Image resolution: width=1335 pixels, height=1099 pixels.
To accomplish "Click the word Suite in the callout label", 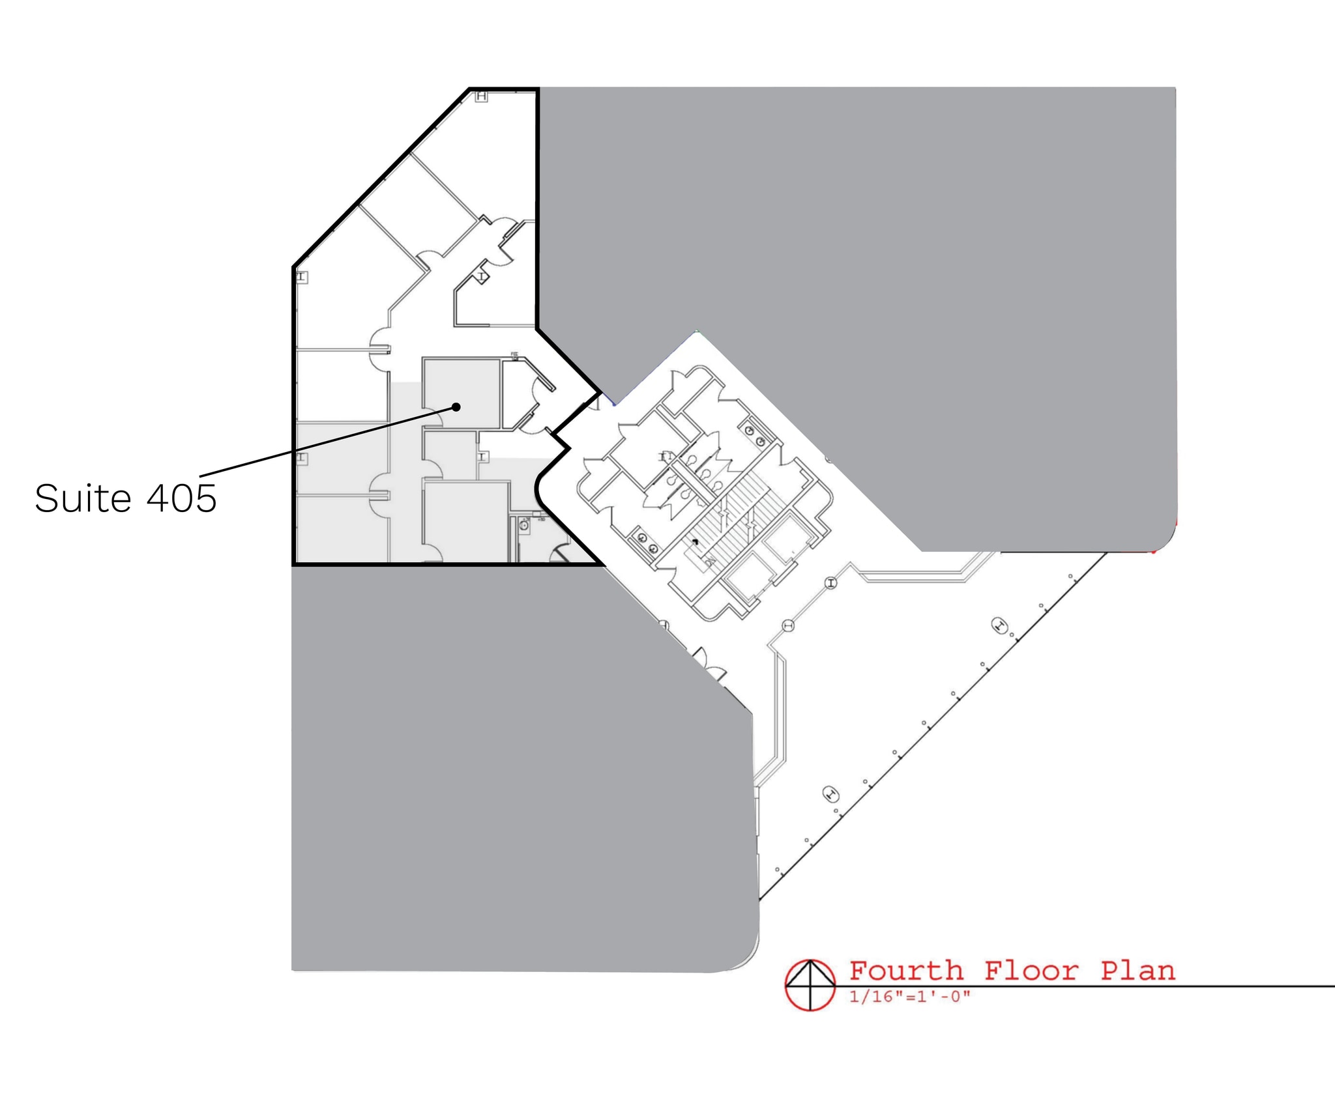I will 83,499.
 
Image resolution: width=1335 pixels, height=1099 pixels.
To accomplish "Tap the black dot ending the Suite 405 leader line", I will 456,407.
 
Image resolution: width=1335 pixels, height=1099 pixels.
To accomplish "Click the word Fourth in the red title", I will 906,971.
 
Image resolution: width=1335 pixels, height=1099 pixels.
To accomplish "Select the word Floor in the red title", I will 1031,971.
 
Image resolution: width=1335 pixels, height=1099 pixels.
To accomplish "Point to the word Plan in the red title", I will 1137,971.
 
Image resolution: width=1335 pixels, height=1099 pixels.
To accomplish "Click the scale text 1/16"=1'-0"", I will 910,997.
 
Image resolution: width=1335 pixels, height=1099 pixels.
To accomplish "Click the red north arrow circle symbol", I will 810,985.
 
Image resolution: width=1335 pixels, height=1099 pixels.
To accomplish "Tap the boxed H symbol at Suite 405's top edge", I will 481,96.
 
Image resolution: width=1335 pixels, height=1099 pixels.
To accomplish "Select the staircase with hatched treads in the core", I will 737,521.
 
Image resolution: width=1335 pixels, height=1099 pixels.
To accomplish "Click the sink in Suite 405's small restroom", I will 524,525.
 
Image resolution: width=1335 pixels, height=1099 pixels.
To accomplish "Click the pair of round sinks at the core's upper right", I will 755,436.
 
